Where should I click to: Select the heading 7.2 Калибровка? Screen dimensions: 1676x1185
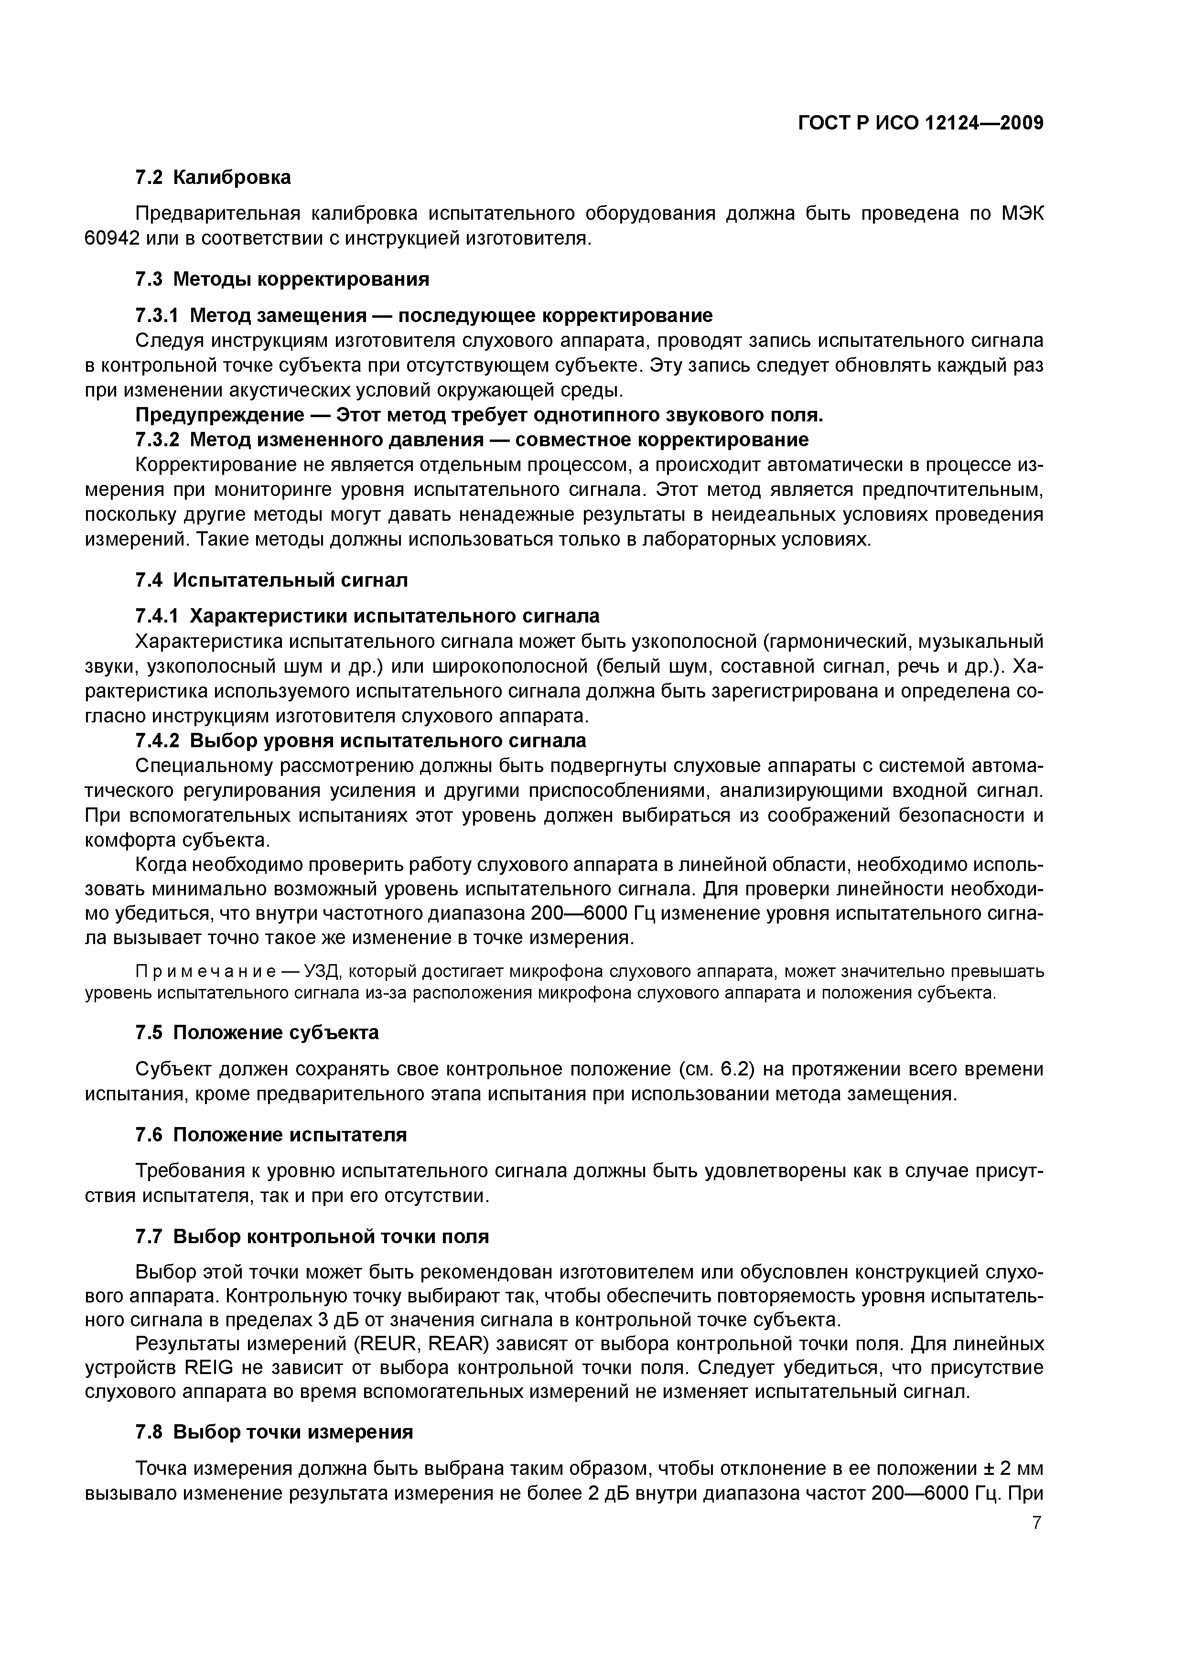[213, 177]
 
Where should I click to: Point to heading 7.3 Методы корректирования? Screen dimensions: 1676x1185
[282, 279]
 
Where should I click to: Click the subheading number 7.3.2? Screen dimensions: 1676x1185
[157, 440]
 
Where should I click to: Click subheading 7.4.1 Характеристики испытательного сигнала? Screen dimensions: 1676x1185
[367, 616]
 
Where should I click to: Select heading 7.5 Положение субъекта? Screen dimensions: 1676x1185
[257, 1033]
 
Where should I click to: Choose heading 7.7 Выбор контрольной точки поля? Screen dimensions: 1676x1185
[312, 1237]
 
